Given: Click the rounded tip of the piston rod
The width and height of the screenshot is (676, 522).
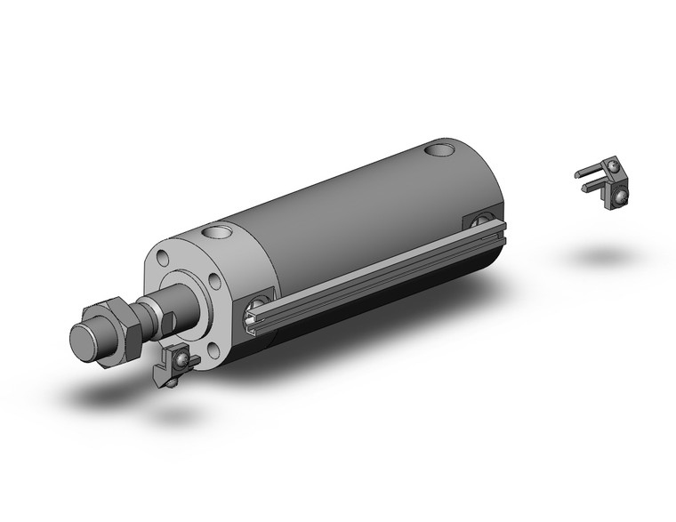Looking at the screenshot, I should (87, 340).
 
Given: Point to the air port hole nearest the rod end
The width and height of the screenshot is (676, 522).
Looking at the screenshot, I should (214, 235).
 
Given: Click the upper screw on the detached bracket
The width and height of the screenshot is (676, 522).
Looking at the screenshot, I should (613, 165).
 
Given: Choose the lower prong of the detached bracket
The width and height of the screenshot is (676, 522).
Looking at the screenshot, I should (594, 185).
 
